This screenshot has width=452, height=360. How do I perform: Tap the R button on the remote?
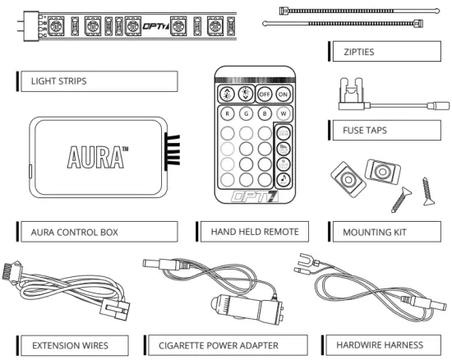(225, 114)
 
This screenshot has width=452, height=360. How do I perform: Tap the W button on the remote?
(283, 114)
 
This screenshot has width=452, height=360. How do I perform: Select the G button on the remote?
(244, 114)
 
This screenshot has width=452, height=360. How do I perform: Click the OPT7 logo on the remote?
(253, 198)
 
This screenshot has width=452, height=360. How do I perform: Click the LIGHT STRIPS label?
(58, 81)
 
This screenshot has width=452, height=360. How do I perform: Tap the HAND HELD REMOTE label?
(254, 232)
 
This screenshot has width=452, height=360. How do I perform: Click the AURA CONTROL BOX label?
(75, 232)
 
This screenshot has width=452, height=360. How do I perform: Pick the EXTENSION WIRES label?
(70, 344)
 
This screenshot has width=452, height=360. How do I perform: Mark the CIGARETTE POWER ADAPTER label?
(218, 344)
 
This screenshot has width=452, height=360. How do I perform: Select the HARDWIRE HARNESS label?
(373, 344)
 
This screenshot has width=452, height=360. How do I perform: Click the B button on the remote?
(263, 114)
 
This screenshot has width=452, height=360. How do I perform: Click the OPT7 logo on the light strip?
(157, 25)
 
